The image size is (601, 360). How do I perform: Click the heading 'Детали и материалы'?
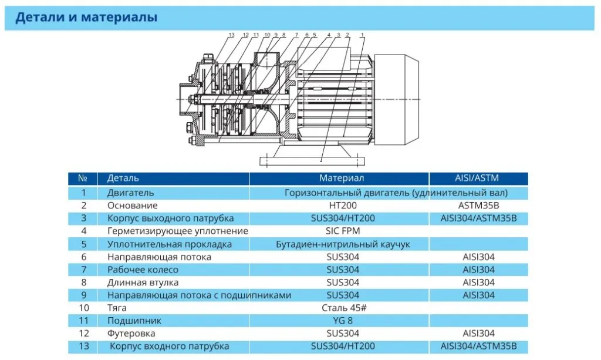[86, 17]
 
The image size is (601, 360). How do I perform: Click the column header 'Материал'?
[342, 179]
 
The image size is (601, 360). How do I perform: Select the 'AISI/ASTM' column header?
[477, 179]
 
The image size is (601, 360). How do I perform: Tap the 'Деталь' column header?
[123, 179]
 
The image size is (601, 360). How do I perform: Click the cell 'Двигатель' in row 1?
[131, 193]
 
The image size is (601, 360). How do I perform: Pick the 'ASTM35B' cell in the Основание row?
[479, 206]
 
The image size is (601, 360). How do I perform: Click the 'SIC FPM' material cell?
[343, 231]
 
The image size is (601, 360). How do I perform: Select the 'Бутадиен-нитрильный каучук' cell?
[343, 244]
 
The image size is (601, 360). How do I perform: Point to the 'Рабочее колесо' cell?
[143, 270]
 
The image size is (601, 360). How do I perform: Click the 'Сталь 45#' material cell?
[344, 308]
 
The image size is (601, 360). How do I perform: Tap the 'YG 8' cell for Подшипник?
[343, 321]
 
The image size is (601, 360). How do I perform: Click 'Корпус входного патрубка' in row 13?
[169, 346]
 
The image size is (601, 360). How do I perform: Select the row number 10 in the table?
[83, 308]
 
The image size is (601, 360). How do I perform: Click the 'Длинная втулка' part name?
[143, 282]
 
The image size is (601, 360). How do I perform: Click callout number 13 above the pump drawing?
[231, 35]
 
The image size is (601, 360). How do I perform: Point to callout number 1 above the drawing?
[362, 35]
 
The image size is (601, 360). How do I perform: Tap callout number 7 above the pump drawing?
[296, 35]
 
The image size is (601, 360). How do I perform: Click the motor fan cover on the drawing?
[396, 100]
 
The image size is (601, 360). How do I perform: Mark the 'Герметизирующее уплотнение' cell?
[177, 231]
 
